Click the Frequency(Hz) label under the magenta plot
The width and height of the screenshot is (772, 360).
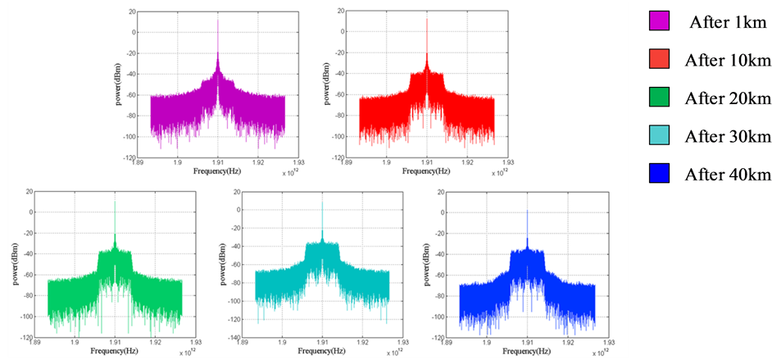point(217,171)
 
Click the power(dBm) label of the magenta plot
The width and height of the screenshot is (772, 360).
point(120,82)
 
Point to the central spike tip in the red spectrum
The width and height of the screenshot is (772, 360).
point(427,18)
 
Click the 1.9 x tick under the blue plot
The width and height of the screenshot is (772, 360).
point(487,340)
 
